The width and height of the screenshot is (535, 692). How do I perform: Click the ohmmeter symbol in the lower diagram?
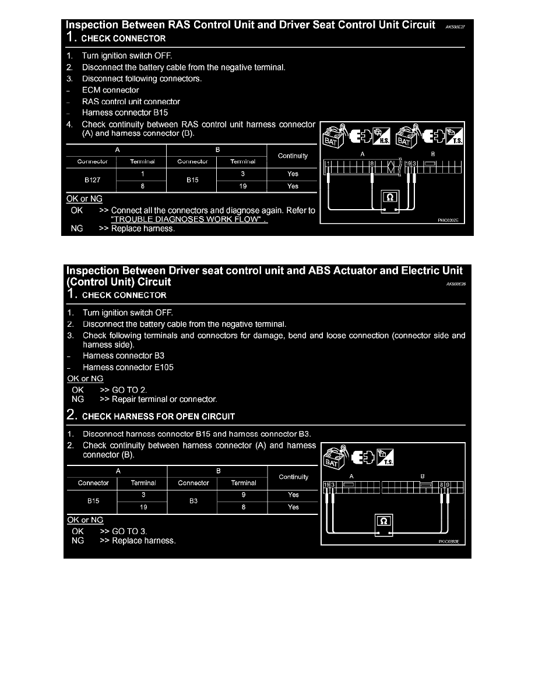[x=384, y=519]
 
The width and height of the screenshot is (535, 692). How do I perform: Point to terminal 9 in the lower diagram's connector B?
[x=448, y=485]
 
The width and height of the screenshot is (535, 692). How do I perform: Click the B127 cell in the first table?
[x=92, y=180]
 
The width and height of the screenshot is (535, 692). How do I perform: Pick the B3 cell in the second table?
[x=193, y=501]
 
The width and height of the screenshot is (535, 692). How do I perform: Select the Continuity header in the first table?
[x=293, y=156]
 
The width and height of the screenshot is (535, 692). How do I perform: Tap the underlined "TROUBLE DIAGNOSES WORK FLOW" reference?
[x=189, y=220]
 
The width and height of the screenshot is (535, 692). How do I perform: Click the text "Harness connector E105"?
[x=128, y=367]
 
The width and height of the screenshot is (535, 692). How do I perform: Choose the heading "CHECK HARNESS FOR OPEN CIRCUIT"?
[x=159, y=416]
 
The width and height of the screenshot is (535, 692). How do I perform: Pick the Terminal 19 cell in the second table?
[x=143, y=507]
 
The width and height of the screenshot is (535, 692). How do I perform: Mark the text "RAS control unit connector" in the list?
[x=131, y=101]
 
